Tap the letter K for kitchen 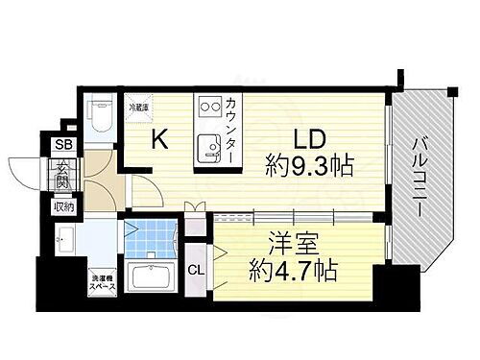pyautogui.click(x=162, y=139)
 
